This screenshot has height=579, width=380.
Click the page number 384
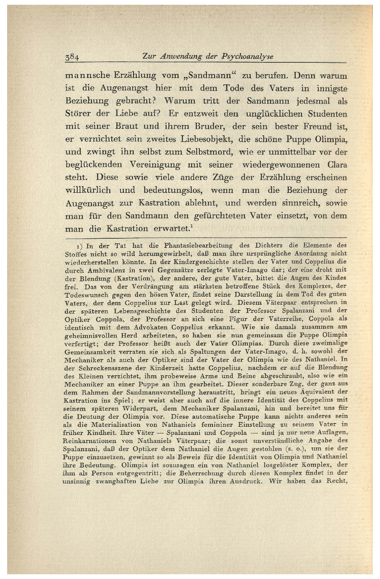click(x=72, y=58)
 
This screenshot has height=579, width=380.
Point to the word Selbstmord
click(x=209, y=152)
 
